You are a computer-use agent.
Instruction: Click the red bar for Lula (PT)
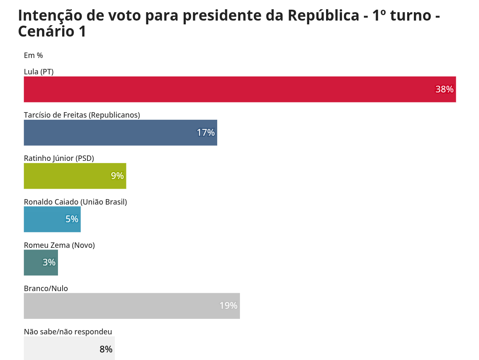227,89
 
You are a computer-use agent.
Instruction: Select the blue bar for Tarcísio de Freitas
109,133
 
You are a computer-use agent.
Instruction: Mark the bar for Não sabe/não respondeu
59,349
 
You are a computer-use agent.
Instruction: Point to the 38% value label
444,89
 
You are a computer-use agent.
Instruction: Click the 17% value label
205,133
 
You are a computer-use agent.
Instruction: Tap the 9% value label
117,176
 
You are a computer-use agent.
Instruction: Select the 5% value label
71,219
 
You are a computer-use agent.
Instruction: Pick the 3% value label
49,263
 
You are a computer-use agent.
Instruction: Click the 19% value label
228,306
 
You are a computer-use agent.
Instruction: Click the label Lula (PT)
39,72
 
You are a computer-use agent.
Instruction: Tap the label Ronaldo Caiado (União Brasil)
75,202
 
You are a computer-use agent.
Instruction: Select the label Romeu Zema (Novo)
59,245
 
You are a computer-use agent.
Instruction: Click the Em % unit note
33,55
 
